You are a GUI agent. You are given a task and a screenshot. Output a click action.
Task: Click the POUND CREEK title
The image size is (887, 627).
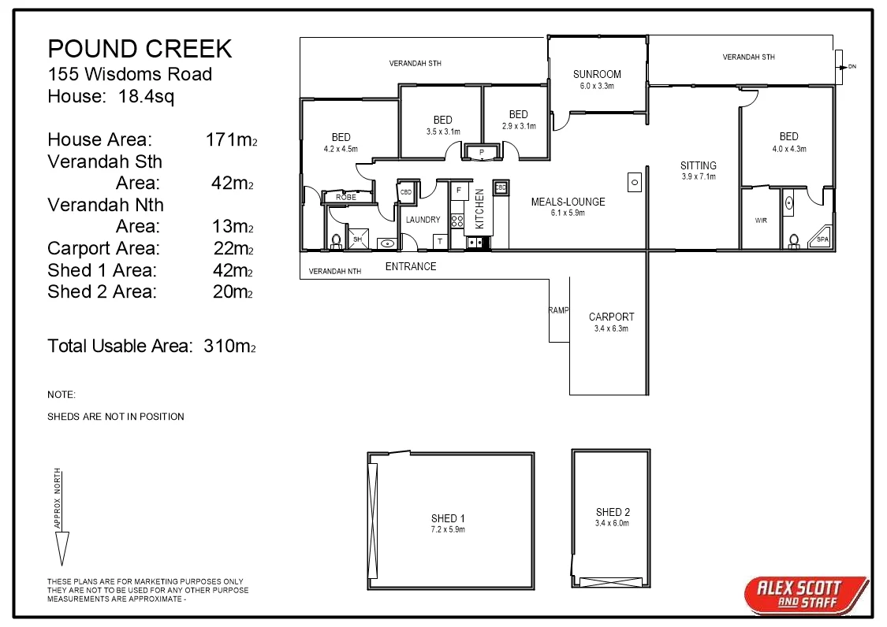(x=140, y=49)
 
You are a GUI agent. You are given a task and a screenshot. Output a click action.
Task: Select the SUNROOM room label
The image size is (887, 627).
(x=597, y=74)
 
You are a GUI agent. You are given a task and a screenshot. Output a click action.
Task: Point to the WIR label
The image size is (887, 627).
(x=761, y=221)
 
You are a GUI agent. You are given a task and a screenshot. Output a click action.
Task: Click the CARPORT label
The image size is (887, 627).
(x=612, y=317)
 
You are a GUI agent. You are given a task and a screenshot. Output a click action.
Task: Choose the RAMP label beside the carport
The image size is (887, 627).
(x=559, y=310)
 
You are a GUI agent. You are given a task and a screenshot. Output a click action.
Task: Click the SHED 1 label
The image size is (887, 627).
(x=448, y=518)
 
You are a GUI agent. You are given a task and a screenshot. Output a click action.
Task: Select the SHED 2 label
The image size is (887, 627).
(x=613, y=512)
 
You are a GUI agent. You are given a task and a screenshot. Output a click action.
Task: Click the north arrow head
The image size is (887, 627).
(x=61, y=548)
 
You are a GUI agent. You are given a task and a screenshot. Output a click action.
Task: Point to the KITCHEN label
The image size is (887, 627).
(x=479, y=209)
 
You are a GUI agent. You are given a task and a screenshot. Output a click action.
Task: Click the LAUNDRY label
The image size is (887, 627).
(x=423, y=219)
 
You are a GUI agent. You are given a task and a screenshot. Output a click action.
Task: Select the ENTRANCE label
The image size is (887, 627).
(x=411, y=266)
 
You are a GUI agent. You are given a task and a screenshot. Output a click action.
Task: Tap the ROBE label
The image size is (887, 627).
(x=346, y=197)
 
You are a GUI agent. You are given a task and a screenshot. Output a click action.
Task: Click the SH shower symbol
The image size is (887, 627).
(x=357, y=239)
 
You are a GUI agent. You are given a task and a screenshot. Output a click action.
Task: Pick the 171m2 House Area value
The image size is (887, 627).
(x=231, y=139)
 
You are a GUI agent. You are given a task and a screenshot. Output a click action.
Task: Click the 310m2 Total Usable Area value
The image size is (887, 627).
(x=229, y=346)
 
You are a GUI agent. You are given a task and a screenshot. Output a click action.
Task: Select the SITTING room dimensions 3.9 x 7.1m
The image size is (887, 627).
(x=699, y=177)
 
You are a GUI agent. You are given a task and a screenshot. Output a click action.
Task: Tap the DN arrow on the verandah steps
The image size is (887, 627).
(x=846, y=67)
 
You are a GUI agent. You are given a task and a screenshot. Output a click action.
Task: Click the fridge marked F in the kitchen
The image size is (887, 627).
(x=459, y=191)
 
